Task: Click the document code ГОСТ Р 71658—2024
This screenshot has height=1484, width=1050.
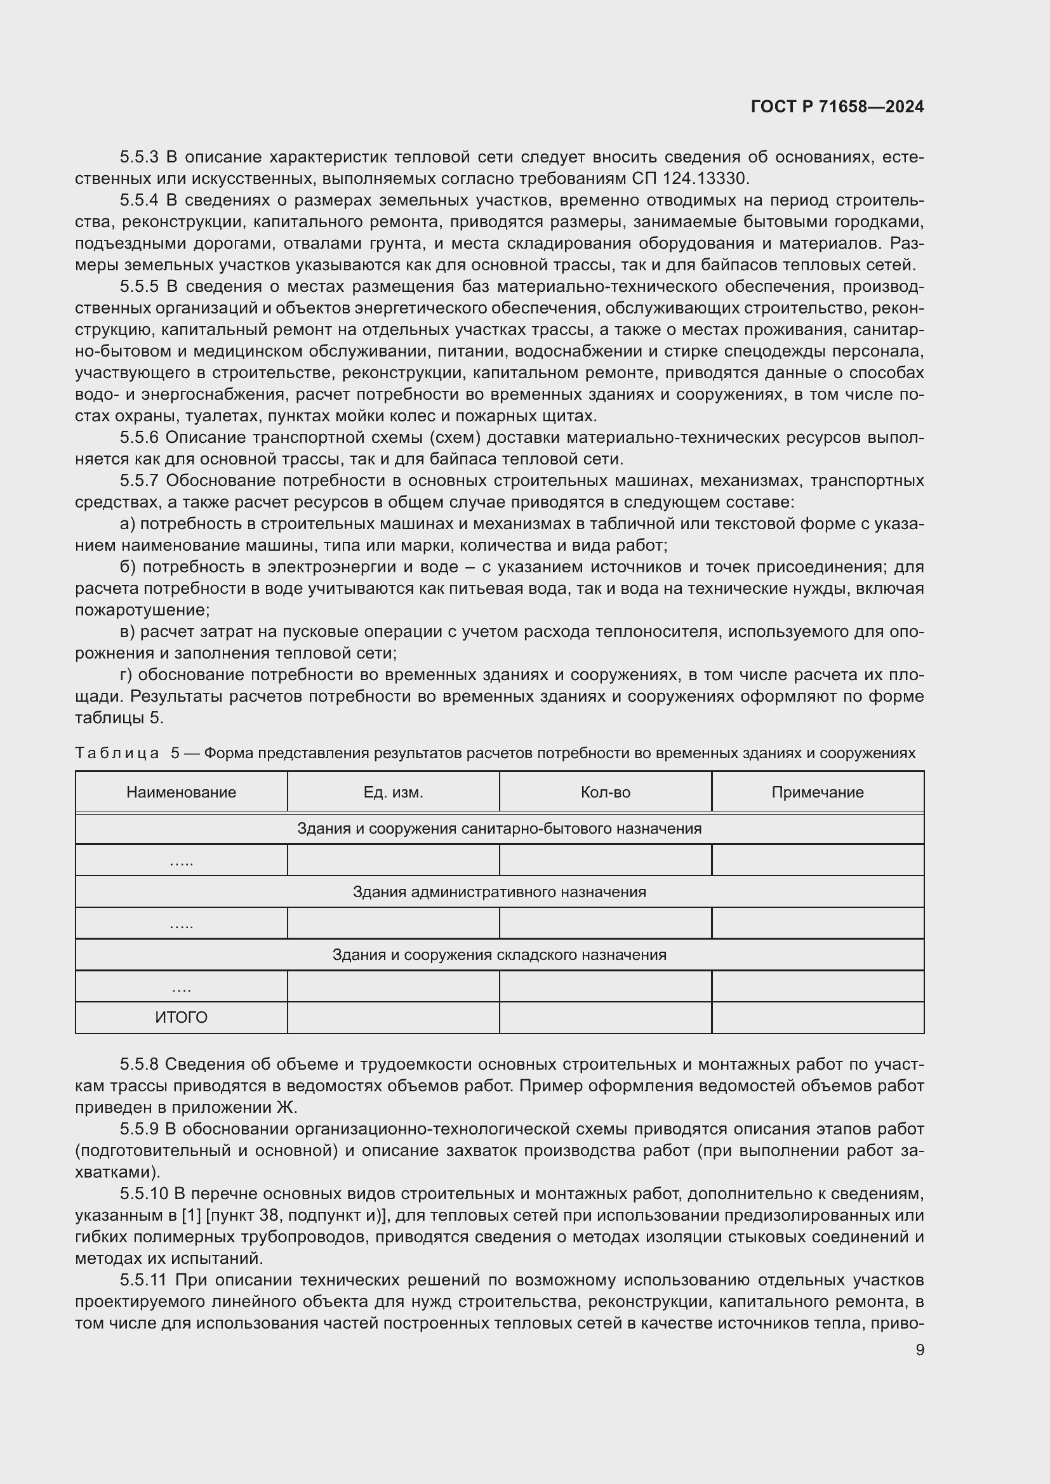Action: pyautogui.click(x=837, y=107)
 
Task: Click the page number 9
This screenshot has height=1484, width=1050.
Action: pyautogui.click(x=919, y=1349)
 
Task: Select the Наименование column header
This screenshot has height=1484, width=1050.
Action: pyautogui.click(x=181, y=792)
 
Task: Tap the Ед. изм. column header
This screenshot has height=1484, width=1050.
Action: pyautogui.click(x=393, y=792)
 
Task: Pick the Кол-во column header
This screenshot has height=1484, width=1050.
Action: pyautogui.click(x=605, y=792)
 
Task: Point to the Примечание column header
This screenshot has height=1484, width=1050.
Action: pyautogui.click(x=817, y=792)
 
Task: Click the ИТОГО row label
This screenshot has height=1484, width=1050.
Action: pyautogui.click(x=181, y=1017)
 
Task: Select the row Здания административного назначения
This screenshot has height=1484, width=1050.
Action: pyautogui.click(x=499, y=892)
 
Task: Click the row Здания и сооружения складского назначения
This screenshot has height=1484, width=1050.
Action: pyautogui.click(x=499, y=955)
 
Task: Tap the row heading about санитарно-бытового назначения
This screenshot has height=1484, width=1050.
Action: pyautogui.click(x=499, y=829)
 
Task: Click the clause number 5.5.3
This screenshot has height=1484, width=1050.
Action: pyautogui.click(x=139, y=157)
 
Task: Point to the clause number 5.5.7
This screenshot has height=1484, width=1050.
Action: pyautogui.click(x=139, y=481)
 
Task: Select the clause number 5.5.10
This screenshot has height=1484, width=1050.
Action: pyautogui.click(x=143, y=1193)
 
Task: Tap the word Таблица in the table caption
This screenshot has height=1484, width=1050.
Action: pyautogui.click(x=117, y=753)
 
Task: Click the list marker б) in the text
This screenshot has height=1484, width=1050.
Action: pyautogui.click(x=128, y=567)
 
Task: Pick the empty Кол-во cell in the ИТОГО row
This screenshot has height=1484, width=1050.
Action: pyautogui.click(x=605, y=1017)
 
